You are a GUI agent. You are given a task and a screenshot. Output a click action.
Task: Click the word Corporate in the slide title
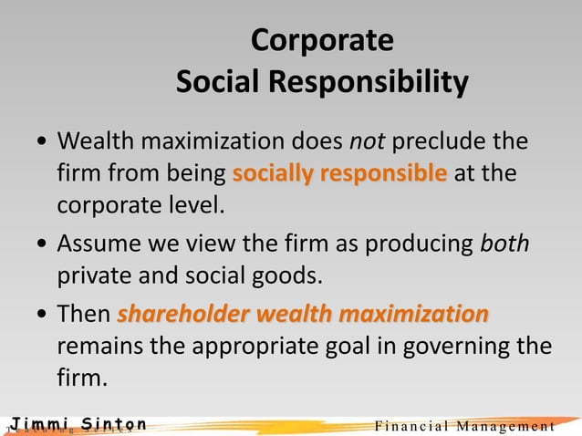[x=322, y=41]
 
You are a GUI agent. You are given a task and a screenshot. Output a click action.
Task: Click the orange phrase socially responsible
[x=339, y=173]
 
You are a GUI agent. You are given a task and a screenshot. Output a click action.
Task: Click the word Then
[x=84, y=316]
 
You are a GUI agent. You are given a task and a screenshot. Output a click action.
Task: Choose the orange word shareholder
[x=184, y=316]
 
